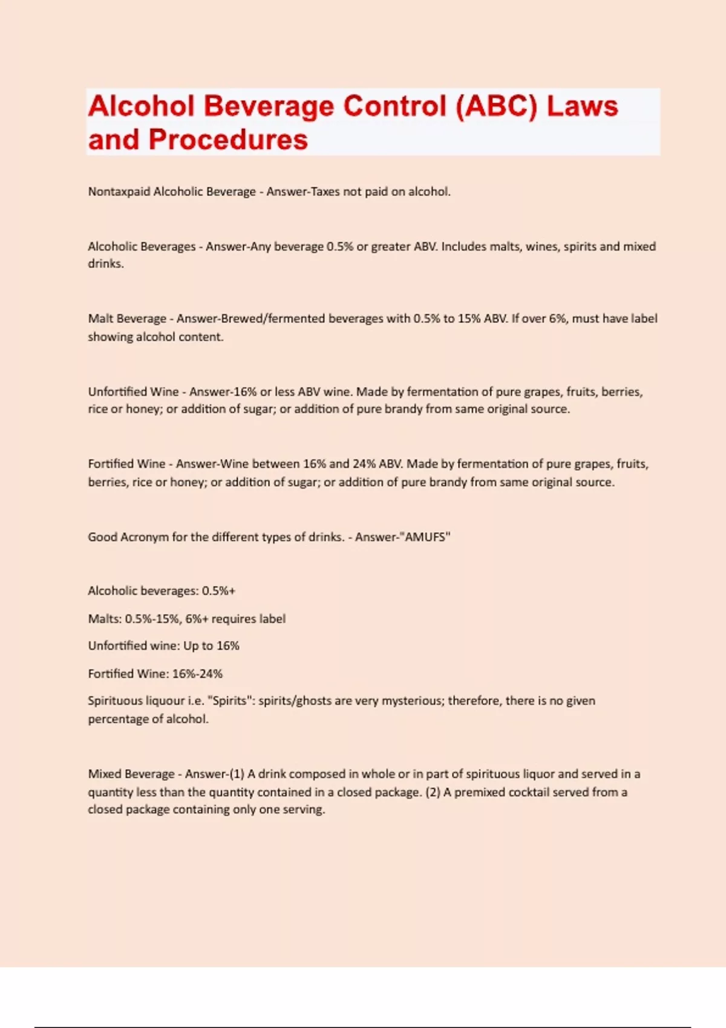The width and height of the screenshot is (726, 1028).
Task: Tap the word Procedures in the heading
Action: [x=228, y=140]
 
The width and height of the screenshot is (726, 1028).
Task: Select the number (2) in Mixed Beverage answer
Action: [x=433, y=792]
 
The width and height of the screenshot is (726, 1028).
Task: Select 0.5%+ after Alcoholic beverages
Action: [x=218, y=591]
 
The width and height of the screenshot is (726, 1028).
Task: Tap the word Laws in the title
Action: [x=582, y=106]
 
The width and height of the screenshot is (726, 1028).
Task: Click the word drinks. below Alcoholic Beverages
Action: [x=106, y=264]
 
